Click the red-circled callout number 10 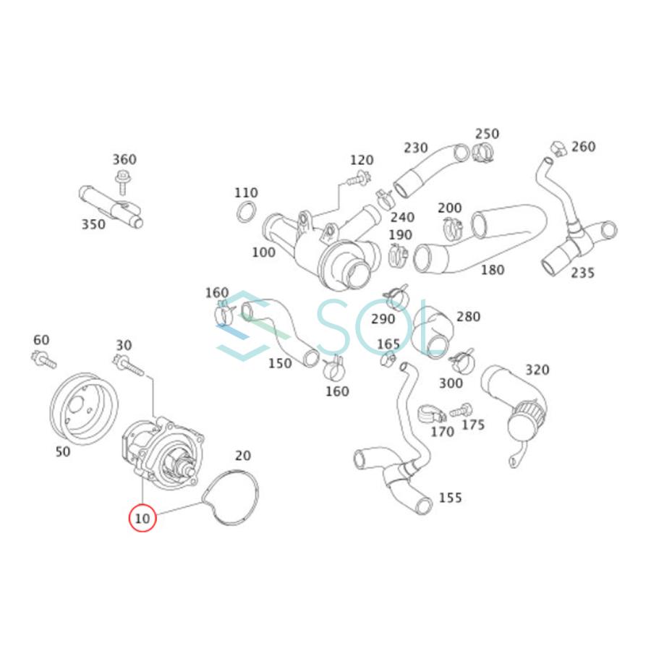coord(142,518)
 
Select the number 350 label coord(93,224)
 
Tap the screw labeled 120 coord(356,179)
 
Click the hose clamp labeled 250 coord(482,153)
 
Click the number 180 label coord(492,270)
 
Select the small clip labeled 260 coord(556,148)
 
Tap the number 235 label coord(582,273)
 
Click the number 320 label coord(537,370)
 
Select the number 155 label coord(450,498)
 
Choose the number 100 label coord(263,252)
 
